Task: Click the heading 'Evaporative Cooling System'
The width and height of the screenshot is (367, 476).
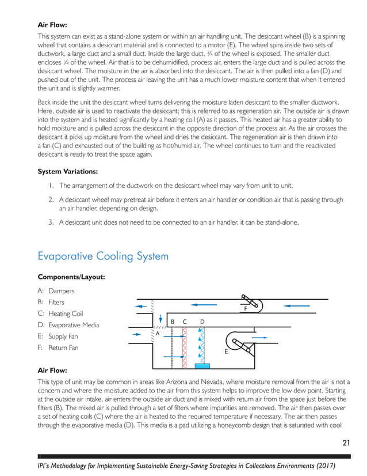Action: (103, 255)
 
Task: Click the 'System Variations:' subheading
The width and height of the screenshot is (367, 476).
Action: (67, 172)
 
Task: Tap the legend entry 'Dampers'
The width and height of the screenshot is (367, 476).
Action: (62, 292)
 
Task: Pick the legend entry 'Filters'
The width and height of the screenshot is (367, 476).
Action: (56, 303)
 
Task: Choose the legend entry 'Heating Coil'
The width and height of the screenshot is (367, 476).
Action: (66, 314)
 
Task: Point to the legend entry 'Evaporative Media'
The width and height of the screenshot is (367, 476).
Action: (74, 325)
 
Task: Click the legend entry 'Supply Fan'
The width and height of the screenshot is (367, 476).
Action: (63, 337)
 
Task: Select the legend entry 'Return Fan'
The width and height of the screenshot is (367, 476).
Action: (63, 348)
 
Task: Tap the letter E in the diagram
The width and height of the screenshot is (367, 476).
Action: (225, 350)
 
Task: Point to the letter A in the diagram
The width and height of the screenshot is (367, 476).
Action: (157, 333)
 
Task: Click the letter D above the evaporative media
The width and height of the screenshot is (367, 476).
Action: (202, 321)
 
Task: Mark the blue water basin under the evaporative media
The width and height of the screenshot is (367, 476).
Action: (202, 366)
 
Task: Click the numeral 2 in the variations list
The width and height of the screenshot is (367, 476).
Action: (51, 200)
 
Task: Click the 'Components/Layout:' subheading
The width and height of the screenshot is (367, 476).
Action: (71, 277)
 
